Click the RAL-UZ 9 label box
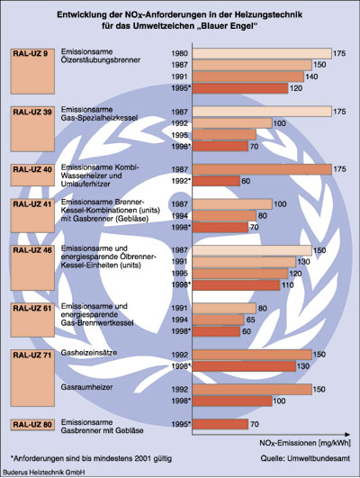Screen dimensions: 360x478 32,71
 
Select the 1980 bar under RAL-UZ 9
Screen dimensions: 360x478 262,53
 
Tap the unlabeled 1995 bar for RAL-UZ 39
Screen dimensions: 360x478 224,135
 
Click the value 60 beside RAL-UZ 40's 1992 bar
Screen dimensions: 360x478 246,181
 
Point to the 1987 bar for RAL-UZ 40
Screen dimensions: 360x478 262,169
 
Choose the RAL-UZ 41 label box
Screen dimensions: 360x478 32,215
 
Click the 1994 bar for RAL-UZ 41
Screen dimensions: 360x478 224,216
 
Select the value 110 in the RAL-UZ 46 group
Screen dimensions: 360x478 288,285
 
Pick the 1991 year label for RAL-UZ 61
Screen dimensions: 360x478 179,308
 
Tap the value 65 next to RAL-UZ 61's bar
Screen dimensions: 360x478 250,320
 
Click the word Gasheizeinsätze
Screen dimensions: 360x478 89,353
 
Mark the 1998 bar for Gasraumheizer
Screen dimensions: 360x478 232,401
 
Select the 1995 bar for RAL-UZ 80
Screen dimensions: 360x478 220,424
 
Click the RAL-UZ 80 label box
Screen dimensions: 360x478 32,425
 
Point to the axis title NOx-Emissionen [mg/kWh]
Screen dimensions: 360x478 305,443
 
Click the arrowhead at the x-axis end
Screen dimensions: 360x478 348,434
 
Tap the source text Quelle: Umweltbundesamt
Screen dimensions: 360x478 305,458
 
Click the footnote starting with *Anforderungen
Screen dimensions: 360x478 91,458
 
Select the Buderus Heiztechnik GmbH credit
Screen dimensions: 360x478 44,472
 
